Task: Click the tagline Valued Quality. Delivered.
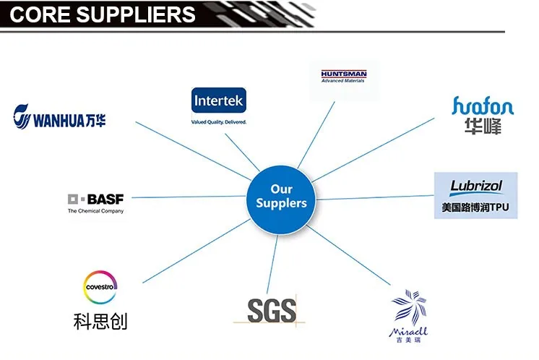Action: tap(219, 121)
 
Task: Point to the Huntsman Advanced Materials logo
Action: tap(343, 77)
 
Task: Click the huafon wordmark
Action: tap(483, 107)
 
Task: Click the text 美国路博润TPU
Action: tap(475, 207)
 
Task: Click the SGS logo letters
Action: tap(271, 310)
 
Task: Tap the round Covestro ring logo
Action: tap(100, 286)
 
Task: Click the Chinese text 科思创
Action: tap(100, 320)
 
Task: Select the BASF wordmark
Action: tap(105, 199)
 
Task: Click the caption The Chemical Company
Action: tap(95, 211)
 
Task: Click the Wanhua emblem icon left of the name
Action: tap(23, 116)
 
